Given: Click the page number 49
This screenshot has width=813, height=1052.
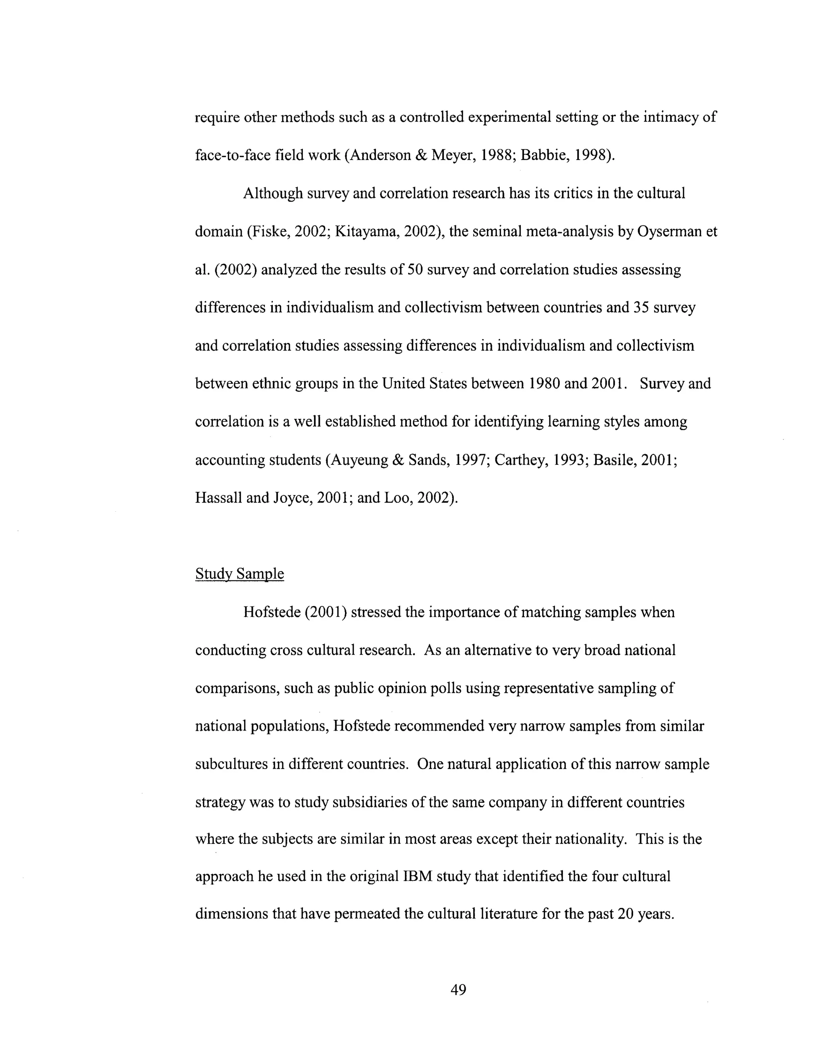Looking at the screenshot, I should tap(458, 990).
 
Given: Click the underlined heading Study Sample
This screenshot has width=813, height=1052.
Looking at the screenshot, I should tap(239, 574).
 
